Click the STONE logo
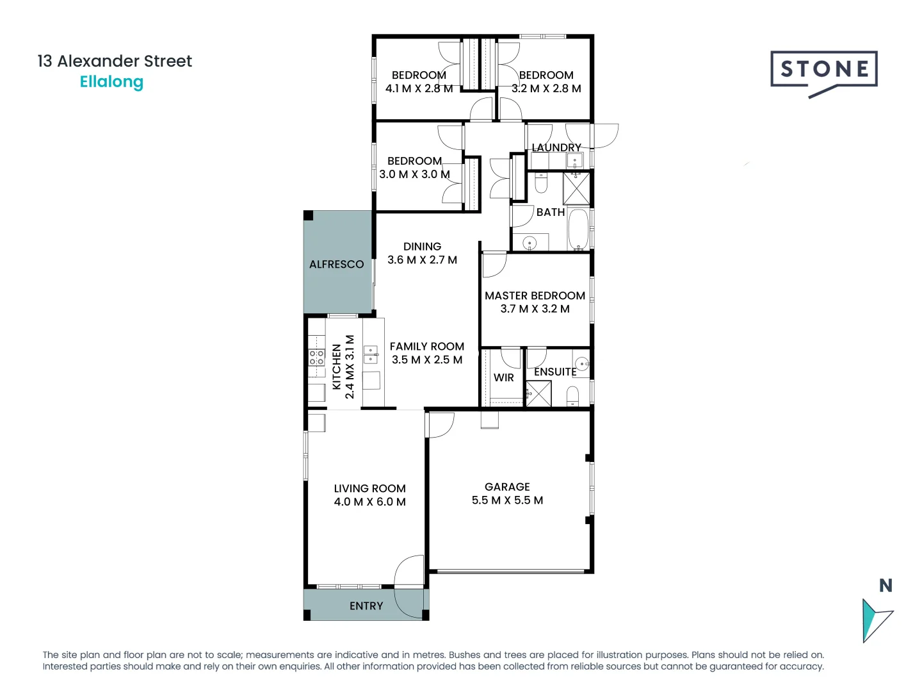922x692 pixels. [x=824, y=70]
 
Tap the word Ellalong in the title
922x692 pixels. [x=111, y=82]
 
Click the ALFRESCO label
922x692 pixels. [x=336, y=264]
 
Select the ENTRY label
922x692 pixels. [x=366, y=606]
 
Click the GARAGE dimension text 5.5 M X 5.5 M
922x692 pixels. [x=507, y=500]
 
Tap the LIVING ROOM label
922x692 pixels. [x=369, y=488]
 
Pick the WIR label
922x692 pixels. [x=503, y=378]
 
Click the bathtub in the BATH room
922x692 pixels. [x=578, y=228]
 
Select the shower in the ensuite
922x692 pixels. [x=538, y=393]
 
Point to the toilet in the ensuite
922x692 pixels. [x=572, y=395]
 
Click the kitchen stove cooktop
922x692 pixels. [x=317, y=358]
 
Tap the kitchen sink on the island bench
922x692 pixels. [x=371, y=354]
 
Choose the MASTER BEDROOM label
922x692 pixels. [x=535, y=295]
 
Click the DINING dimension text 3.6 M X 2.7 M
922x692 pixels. [x=422, y=260]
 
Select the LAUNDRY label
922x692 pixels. [x=556, y=147]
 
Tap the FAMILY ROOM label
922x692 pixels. [x=426, y=347]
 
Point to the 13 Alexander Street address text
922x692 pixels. [x=115, y=62]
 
